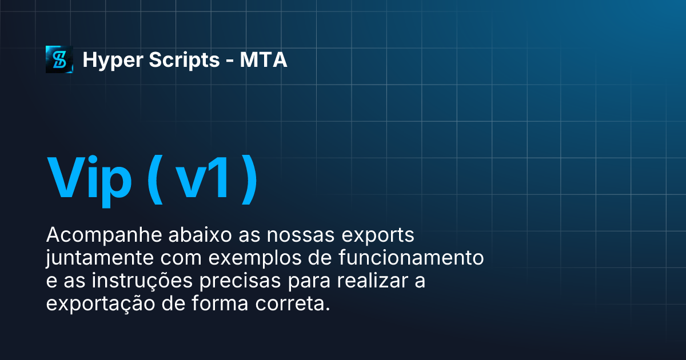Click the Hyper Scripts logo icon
(x=59, y=59)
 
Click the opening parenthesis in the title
(x=153, y=178)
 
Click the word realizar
(x=373, y=281)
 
